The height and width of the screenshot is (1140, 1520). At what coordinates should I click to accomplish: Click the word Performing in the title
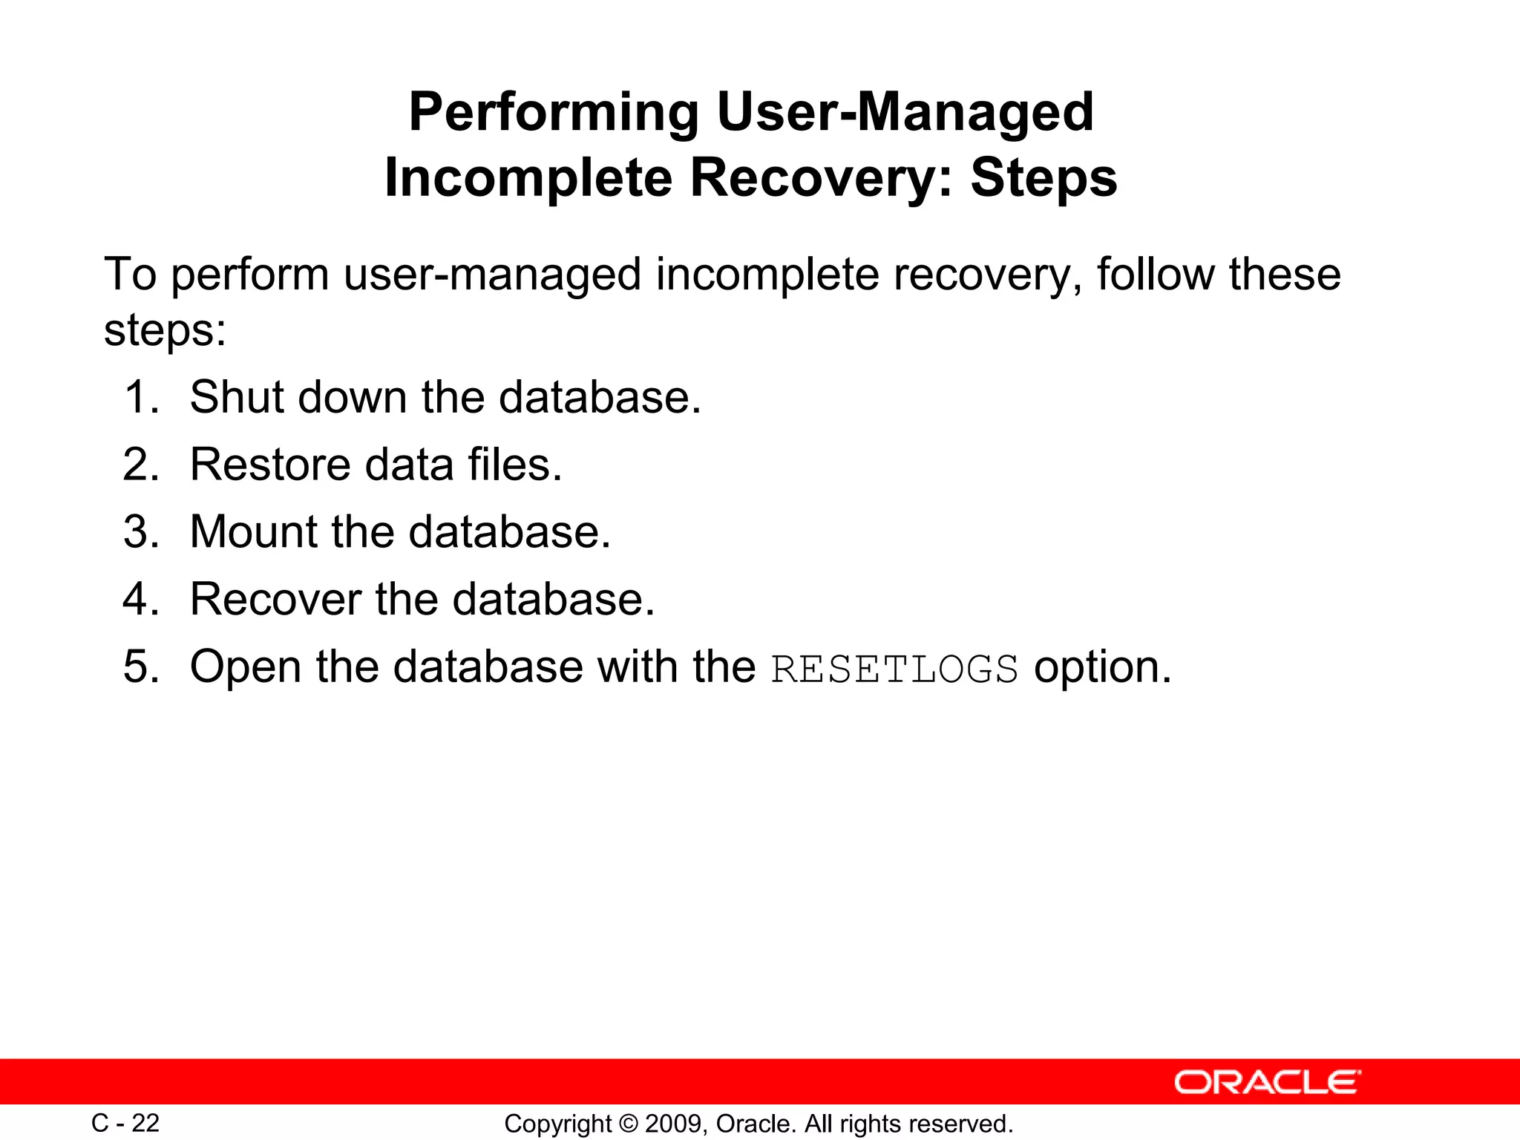click(x=554, y=113)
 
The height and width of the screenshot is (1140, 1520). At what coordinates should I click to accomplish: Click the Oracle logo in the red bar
click(x=1267, y=1082)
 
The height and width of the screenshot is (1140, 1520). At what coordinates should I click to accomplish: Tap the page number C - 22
click(x=125, y=1123)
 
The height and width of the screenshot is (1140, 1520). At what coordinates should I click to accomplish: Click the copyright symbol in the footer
click(x=628, y=1124)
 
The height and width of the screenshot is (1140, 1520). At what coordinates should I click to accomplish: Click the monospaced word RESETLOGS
click(x=894, y=669)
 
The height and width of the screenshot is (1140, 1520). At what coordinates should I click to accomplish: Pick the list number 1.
click(x=141, y=397)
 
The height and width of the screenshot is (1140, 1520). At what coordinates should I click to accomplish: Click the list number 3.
click(x=141, y=532)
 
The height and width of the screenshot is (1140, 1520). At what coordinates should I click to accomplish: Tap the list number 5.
click(x=141, y=666)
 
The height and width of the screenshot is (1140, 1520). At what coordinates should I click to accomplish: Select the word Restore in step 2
click(x=270, y=465)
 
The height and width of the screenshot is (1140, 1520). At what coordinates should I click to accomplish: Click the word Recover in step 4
click(x=275, y=599)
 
